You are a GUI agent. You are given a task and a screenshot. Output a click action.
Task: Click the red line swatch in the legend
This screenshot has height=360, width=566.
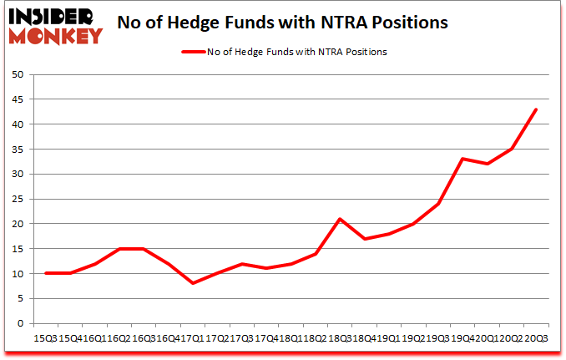click(193, 52)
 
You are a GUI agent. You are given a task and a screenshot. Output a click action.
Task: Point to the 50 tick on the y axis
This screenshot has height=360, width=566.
click(17, 74)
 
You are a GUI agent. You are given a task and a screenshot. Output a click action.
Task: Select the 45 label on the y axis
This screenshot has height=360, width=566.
click(17, 99)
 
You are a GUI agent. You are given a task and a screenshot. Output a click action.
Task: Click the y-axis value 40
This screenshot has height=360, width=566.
click(17, 124)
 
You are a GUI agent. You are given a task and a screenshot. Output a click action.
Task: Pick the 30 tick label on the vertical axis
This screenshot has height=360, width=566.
click(17, 175)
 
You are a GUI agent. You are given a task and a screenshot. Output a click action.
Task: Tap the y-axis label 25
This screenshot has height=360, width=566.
click(17, 200)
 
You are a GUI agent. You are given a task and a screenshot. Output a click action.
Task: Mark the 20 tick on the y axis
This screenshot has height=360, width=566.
click(17, 225)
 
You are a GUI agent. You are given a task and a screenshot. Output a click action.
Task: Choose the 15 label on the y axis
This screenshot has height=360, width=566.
click(17, 249)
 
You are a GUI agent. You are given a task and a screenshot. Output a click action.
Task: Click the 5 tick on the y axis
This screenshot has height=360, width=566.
click(19, 299)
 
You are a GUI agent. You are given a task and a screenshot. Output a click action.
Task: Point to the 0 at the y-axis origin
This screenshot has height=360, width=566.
click(19, 324)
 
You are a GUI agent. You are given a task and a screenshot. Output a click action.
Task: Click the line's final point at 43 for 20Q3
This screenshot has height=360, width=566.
click(536, 109)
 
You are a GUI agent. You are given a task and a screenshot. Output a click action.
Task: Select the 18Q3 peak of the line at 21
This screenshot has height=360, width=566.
click(340, 219)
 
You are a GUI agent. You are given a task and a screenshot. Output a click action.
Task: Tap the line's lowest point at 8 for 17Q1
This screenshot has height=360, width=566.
click(194, 284)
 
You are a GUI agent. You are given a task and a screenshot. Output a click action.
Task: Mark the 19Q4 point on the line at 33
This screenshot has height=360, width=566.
click(462, 159)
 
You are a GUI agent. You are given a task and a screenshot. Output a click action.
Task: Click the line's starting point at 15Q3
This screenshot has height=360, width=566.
click(47, 274)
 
